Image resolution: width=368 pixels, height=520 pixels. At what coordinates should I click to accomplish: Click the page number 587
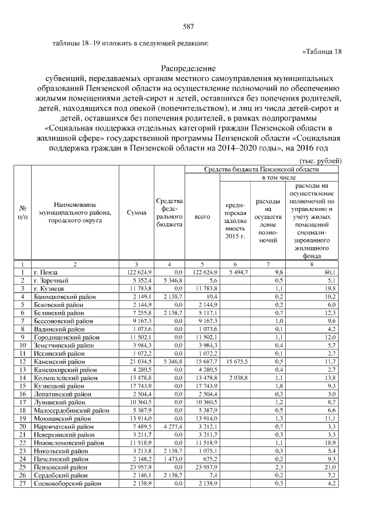pyautogui.click(x=187, y=27)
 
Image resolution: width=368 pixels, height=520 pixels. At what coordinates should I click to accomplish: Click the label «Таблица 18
pyautogui.click(x=322, y=51)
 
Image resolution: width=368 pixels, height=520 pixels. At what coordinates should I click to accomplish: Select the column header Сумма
pyautogui.click(x=136, y=212)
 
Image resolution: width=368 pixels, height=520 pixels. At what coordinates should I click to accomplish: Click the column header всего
pyautogui.click(x=202, y=217)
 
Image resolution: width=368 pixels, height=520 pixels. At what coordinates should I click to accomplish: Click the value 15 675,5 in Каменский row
pyautogui.click(x=236, y=361)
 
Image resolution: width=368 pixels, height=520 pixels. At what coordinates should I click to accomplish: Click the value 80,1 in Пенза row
pyautogui.click(x=329, y=272)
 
